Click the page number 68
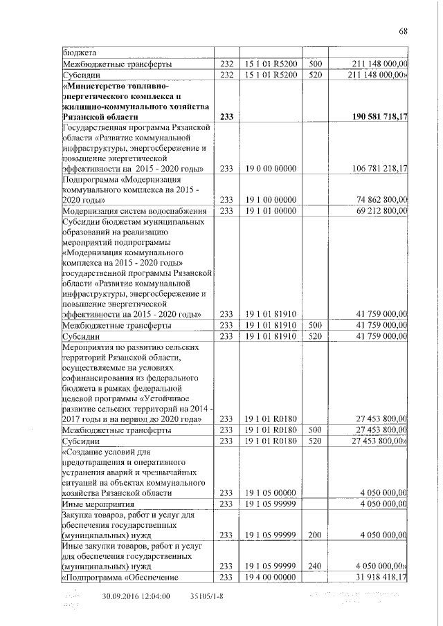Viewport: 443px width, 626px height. coord(403,30)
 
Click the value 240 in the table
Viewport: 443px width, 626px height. coord(315,565)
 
